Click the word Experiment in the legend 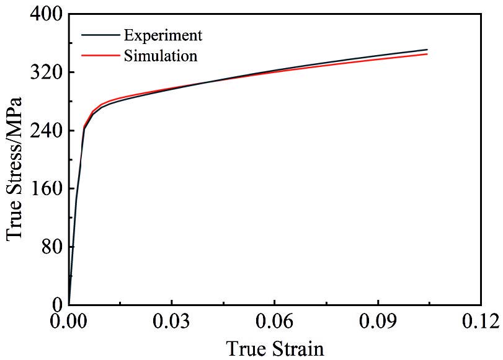point(162,35)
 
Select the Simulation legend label point(161,56)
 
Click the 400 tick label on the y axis point(43,14)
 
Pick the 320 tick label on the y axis point(43,72)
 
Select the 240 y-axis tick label point(43,131)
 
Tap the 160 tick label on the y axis point(43,188)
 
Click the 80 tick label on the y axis point(50,247)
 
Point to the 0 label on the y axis point(56,304)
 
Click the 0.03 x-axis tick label point(172,322)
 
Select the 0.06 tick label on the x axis point(275,322)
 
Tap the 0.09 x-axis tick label point(378,322)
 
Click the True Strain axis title point(275,348)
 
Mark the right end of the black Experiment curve point(427,50)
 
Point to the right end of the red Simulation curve point(427,54)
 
